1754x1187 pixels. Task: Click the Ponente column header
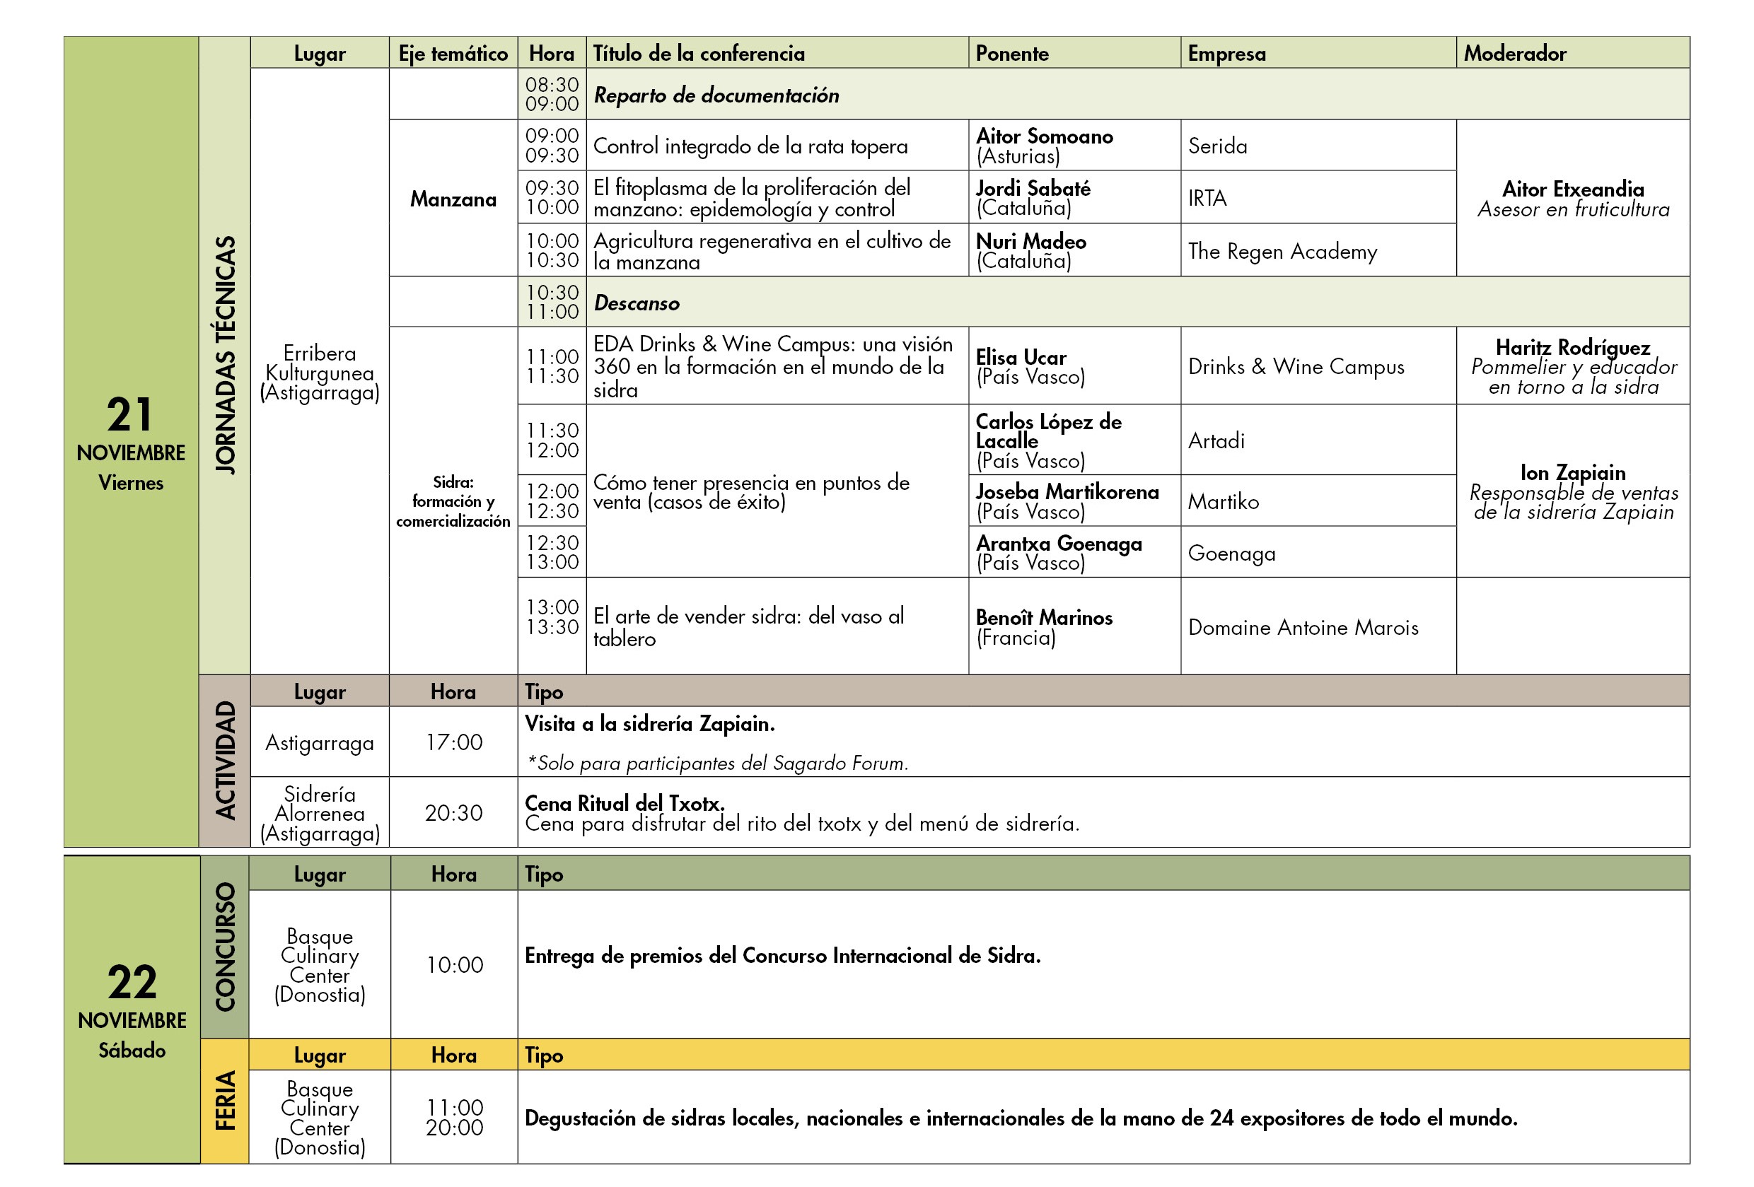[1011, 54]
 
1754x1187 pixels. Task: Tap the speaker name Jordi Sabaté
[1033, 188]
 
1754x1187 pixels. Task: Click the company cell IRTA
[1207, 199]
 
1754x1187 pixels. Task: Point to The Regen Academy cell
[1282, 251]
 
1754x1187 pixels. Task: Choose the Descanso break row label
[637, 303]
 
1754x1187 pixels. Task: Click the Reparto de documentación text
[716, 95]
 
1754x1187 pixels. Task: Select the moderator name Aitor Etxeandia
[1573, 189]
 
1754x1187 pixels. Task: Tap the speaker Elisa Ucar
[1021, 357]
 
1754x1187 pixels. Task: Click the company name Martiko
[1223, 502]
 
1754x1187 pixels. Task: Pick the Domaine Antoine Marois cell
[1303, 628]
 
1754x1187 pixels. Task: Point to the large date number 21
[130, 414]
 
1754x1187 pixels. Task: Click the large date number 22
[132, 982]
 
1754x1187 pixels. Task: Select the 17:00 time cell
[453, 742]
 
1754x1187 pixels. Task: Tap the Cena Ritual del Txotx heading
[625, 803]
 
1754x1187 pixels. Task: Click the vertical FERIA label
[226, 1100]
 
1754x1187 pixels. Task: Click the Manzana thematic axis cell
[453, 199]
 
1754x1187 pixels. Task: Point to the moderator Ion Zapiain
[1573, 473]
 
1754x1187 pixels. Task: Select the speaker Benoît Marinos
[1043, 618]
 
